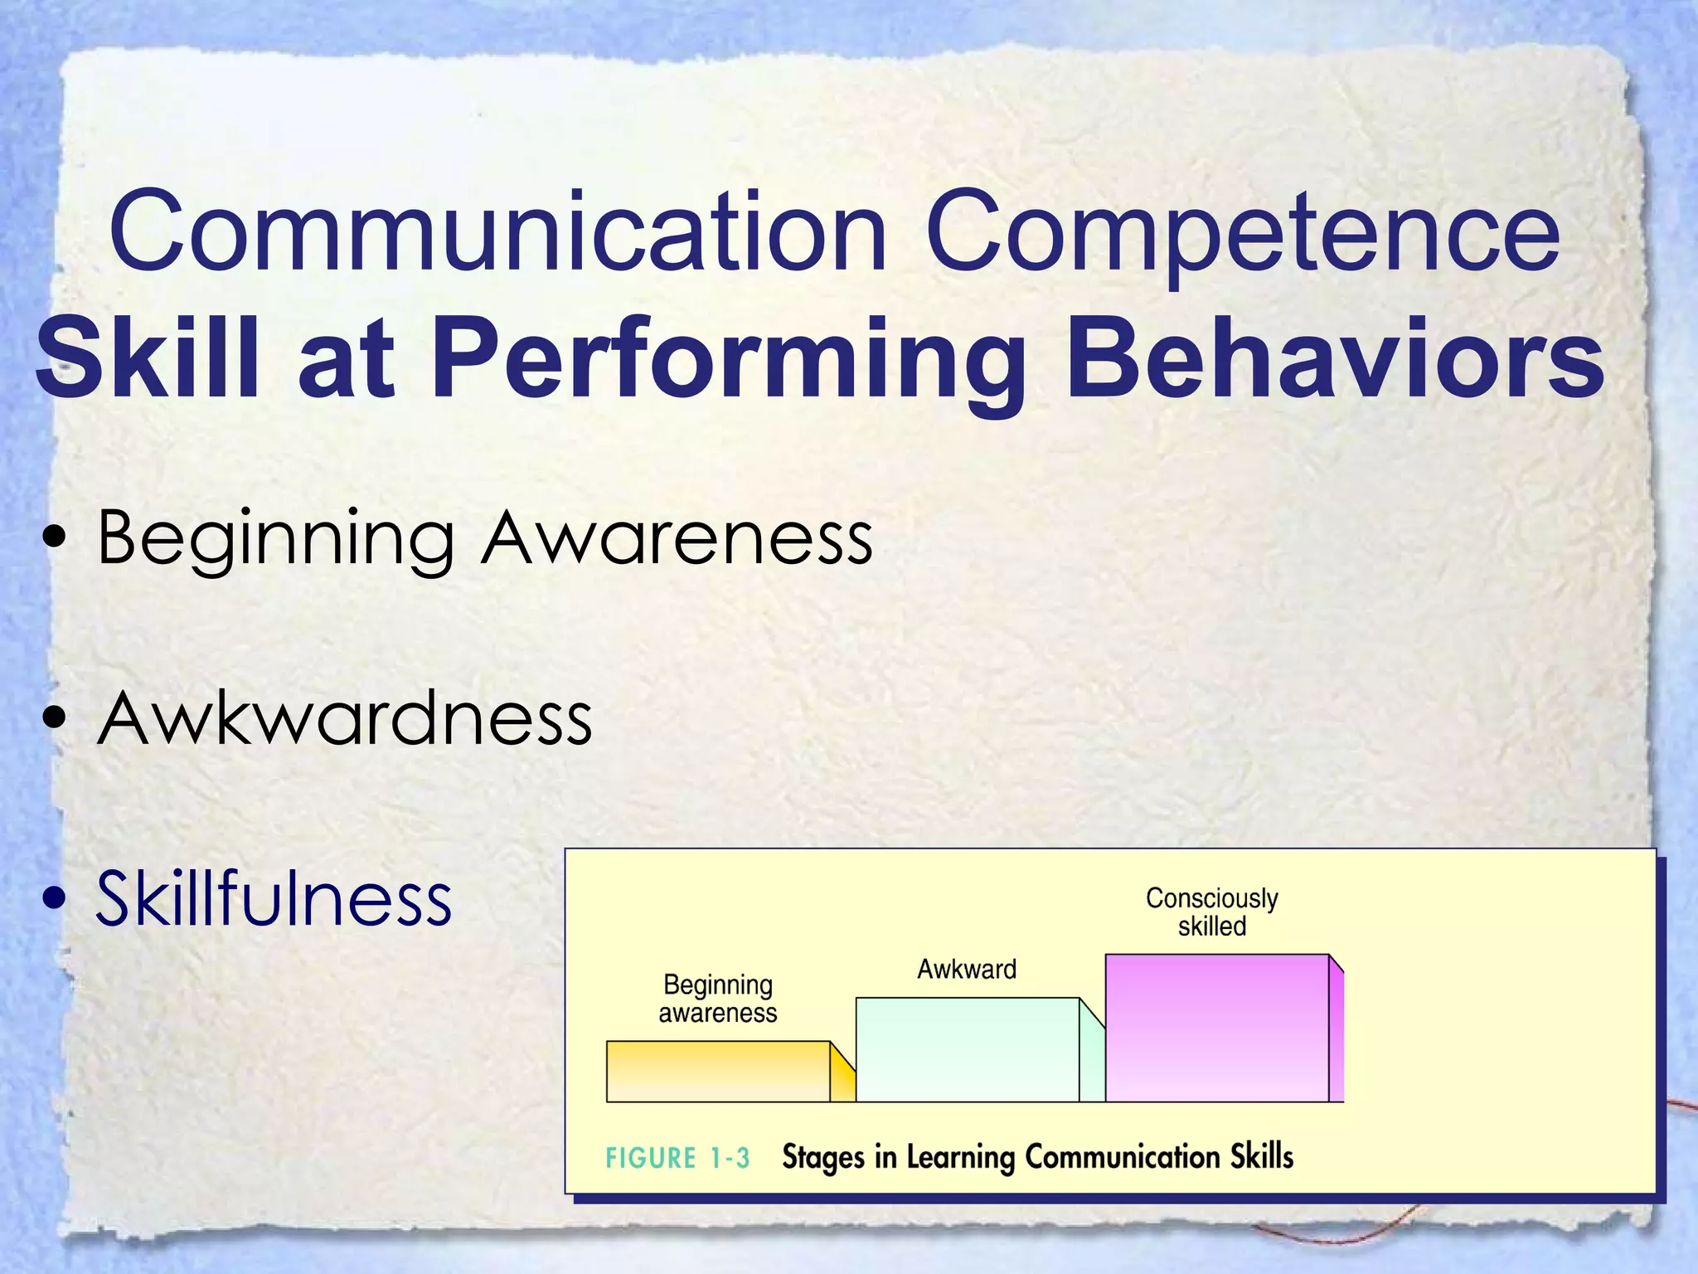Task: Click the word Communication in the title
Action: click(x=497, y=232)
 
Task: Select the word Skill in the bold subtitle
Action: click(x=146, y=360)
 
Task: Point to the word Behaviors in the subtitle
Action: click(x=1335, y=360)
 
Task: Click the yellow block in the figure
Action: click(x=718, y=1072)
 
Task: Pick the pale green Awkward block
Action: click(x=967, y=1050)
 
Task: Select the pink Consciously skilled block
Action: click(x=1216, y=1028)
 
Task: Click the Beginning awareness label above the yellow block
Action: click(x=718, y=999)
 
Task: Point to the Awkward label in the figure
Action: click(x=967, y=969)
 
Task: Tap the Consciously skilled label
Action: click(x=1211, y=912)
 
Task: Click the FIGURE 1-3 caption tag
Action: click(x=677, y=1158)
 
